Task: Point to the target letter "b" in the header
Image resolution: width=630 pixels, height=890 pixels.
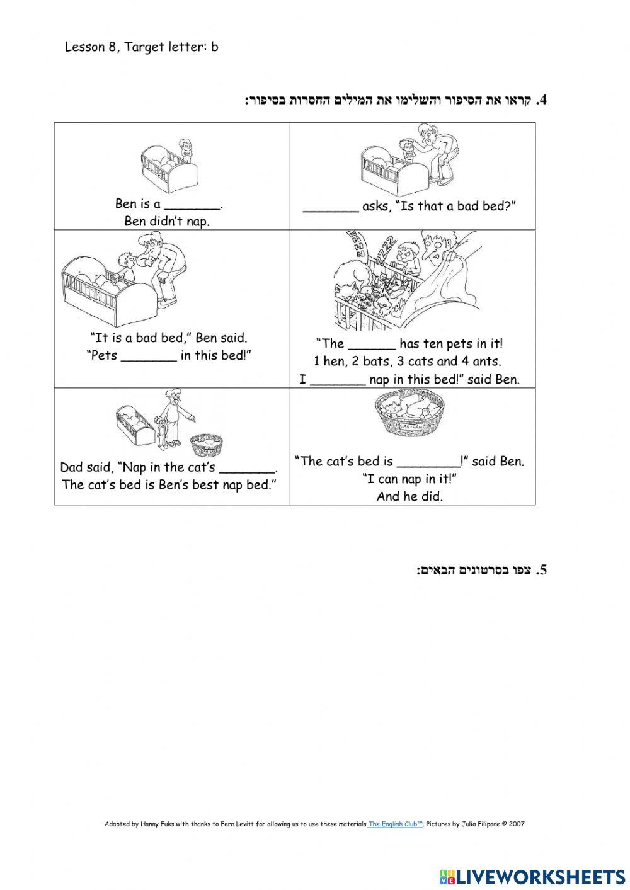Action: coord(215,47)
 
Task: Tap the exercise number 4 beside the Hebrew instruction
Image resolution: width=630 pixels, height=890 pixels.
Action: coord(541,101)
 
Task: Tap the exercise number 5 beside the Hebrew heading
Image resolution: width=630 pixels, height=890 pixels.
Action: coord(541,571)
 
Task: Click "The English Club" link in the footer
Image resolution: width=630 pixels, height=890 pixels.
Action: coord(395,823)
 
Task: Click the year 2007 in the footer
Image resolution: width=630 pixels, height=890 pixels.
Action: coord(517,823)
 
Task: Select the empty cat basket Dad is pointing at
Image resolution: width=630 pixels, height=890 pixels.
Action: coord(207,447)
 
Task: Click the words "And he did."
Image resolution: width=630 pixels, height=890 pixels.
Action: coord(409,496)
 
